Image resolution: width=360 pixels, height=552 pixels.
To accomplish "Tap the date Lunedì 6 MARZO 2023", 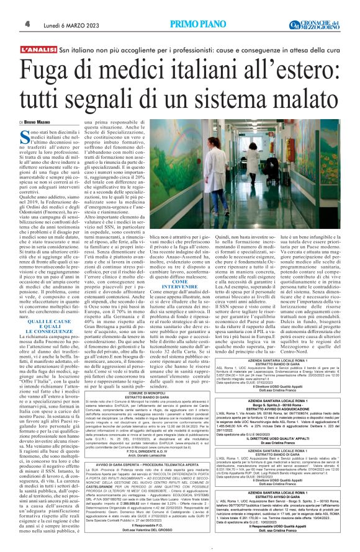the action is tap(70, 24).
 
